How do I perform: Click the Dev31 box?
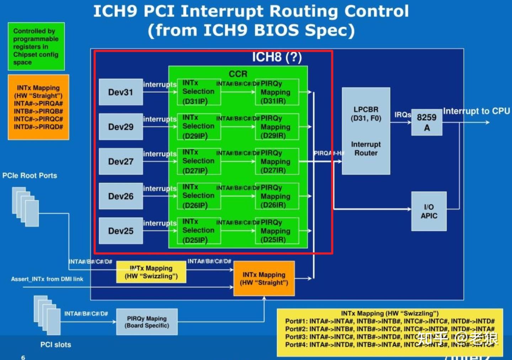121,92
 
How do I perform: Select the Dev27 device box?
121,161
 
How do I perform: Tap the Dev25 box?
121,231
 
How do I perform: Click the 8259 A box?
427,122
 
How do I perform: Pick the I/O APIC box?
429,211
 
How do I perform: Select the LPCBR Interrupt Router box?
366,131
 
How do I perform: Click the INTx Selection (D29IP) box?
199,127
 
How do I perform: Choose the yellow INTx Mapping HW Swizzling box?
151,272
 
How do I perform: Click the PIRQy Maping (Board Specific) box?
147,322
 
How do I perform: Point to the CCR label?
238,74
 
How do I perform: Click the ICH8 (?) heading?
277,57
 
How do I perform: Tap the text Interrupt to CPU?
476,111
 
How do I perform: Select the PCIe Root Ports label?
30,176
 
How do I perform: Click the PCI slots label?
55,344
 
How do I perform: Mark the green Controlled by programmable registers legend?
36,47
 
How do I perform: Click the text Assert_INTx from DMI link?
47,279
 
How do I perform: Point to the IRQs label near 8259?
402,115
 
